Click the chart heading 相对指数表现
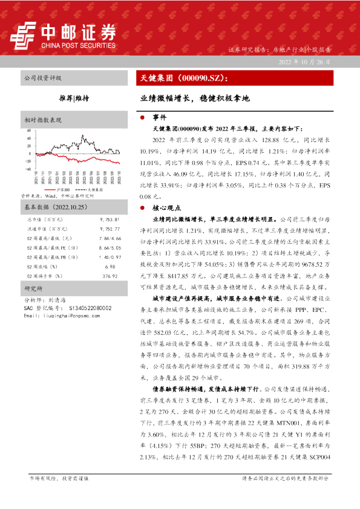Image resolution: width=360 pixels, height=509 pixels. click(x=43, y=119)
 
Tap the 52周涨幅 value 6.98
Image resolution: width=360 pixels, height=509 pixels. click(x=110, y=267)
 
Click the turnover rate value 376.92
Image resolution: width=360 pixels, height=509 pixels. click(x=110, y=276)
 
